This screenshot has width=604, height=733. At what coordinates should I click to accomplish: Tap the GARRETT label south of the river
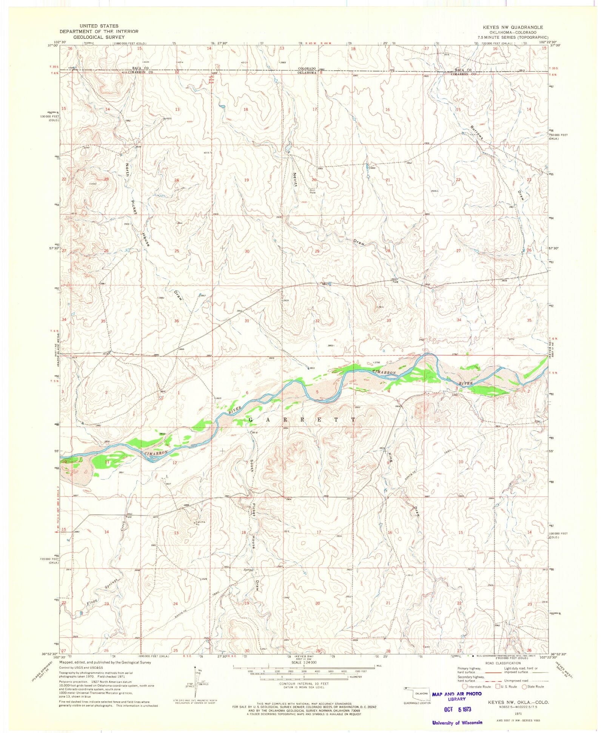(302, 420)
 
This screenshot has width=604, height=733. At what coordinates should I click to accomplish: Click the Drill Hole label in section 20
(313, 191)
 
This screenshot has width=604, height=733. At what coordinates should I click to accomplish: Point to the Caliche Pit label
(200, 523)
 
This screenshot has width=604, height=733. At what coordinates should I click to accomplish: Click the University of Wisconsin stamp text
(457, 722)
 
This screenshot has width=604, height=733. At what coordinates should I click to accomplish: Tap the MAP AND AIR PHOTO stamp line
(457, 694)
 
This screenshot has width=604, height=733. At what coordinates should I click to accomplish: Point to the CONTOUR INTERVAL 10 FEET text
(304, 684)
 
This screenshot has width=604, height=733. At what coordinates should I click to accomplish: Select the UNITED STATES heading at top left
(99, 26)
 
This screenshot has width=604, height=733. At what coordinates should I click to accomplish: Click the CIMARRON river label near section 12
(155, 452)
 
